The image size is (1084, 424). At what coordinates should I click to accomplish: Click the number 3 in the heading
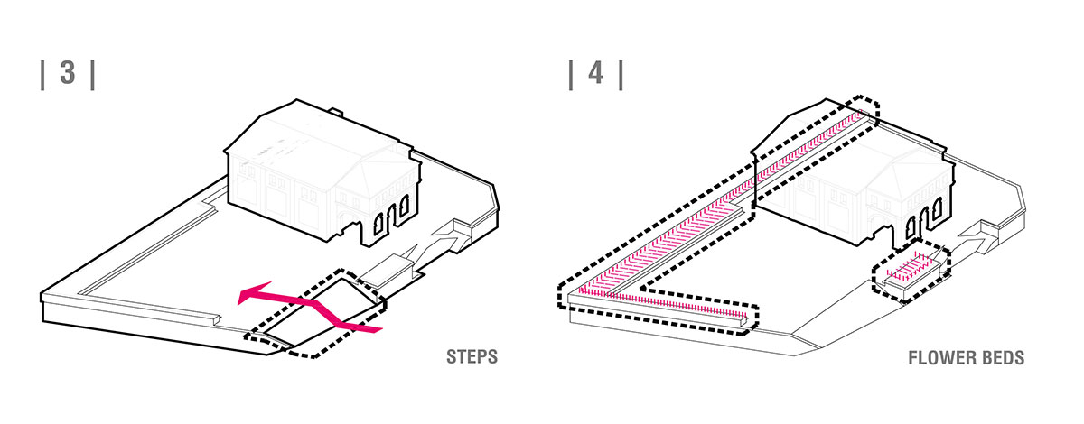tap(68, 72)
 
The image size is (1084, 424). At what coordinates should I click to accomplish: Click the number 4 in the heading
tap(595, 72)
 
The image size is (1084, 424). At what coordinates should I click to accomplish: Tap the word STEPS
tap(472, 357)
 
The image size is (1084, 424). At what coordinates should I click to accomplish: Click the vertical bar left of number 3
tap(42, 75)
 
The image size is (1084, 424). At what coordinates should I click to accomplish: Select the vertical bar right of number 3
tap(93, 75)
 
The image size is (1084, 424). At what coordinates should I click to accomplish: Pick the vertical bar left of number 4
tap(571, 75)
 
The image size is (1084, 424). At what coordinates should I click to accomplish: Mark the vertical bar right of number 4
tap(621, 75)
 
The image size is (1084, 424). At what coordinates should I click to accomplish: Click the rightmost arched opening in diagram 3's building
tap(404, 210)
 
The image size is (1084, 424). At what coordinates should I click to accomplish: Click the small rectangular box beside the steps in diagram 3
tap(388, 272)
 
